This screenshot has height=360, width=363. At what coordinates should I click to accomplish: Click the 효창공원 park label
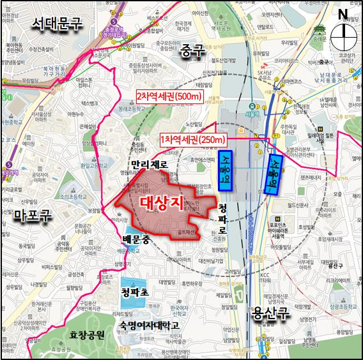[87, 333]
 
